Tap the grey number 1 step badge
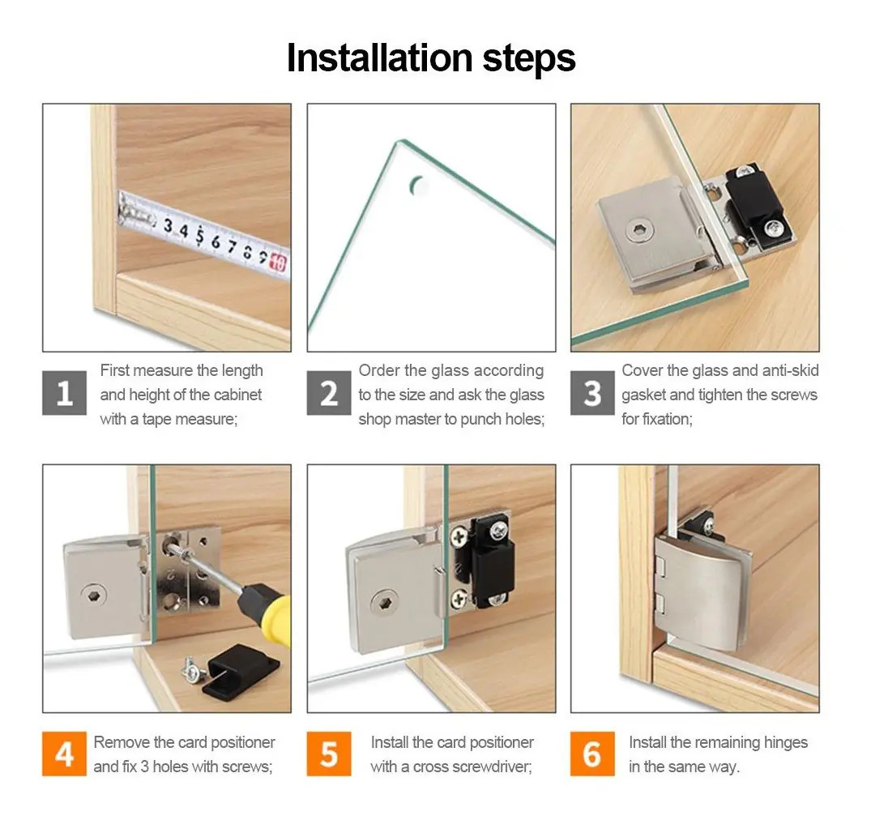click(x=65, y=393)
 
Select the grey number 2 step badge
click(x=329, y=393)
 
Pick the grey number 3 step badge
click(x=593, y=393)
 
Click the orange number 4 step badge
click(x=65, y=754)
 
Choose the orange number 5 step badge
click(x=329, y=754)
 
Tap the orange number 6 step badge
click(x=593, y=754)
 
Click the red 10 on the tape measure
click(x=278, y=263)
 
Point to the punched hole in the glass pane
click(x=416, y=186)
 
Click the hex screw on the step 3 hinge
click(x=639, y=230)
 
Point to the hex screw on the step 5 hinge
click(x=384, y=603)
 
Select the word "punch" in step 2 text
click(x=480, y=420)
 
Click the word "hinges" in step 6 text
click(x=786, y=743)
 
